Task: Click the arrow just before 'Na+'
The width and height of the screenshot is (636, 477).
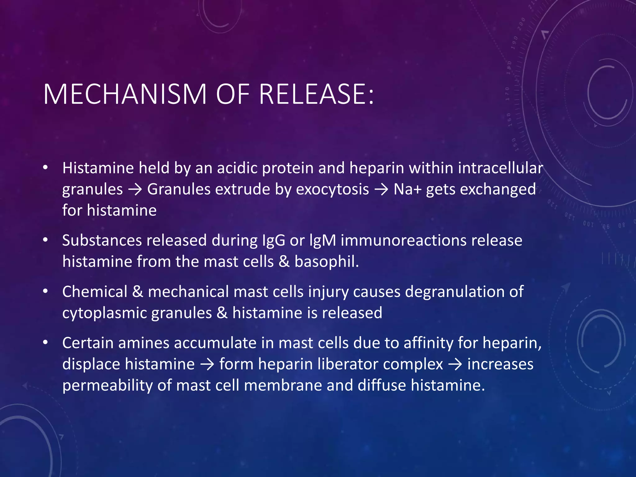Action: point(381,189)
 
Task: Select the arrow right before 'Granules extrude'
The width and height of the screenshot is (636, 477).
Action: point(135,189)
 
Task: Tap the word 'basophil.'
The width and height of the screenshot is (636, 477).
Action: point(327,261)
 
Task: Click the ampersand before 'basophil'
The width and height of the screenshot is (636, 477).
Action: point(284,261)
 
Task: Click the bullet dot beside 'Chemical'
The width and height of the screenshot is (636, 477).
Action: point(46,291)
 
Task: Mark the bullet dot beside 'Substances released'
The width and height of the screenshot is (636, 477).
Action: point(46,240)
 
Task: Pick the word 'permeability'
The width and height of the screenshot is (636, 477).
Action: point(107,385)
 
